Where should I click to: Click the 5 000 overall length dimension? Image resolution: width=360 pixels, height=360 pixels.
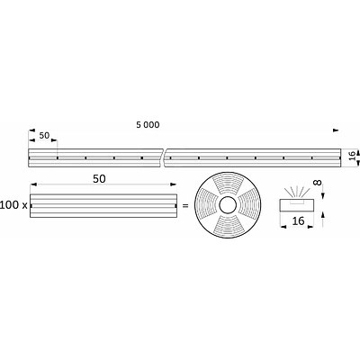click(x=148, y=125)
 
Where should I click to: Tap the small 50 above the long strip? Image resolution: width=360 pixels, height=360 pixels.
click(x=43, y=136)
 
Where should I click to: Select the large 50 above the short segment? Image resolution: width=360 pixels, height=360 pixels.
click(x=100, y=179)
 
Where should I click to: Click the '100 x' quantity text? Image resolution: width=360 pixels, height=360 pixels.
click(x=13, y=206)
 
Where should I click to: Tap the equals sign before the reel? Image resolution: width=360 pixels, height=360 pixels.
click(x=184, y=206)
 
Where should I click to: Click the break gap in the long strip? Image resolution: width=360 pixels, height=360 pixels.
click(x=165, y=157)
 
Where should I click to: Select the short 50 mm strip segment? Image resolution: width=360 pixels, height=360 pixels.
click(x=100, y=206)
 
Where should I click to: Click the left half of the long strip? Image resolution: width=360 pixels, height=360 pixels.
click(x=94, y=157)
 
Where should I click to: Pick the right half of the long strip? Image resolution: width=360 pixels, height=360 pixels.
click(x=252, y=157)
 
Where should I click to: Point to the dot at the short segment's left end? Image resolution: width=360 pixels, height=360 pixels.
click(x=31, y=206)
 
